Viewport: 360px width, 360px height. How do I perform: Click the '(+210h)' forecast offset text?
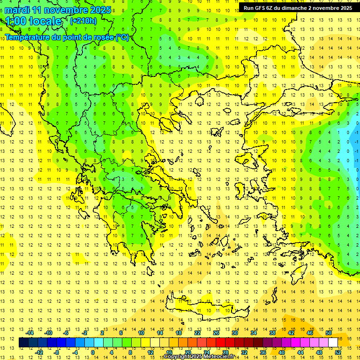coord(83,21)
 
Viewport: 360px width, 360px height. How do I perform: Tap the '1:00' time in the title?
coord(16,21)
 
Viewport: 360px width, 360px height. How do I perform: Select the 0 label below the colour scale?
coord(92,352)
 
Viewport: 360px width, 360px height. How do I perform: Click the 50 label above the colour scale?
coord(329,333)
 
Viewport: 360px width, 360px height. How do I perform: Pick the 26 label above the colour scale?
coord(216,333)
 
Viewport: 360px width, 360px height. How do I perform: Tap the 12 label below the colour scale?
coord(151,352)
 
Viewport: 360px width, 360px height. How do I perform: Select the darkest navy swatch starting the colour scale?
coord(23,343)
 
